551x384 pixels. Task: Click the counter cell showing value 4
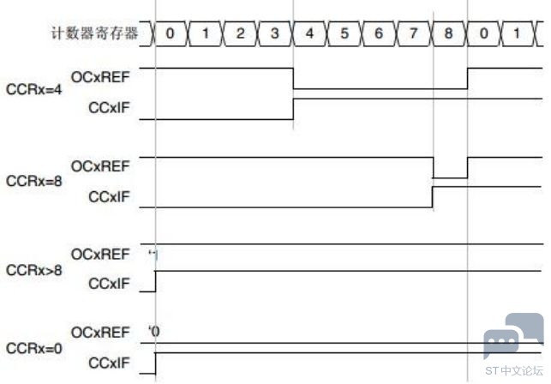pyautogui.click(x=309, y=33)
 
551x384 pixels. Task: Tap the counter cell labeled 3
pyautogui.click(x=274, y=33)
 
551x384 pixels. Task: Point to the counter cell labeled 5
pyautogui.click(x=344, y=33)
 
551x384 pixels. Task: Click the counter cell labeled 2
pyautogui.click(x=239, y=33)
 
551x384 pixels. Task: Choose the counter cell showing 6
pyautogui.click(x=380, y=33)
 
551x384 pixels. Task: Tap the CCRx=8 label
pyautogui.click(x=33, y=183)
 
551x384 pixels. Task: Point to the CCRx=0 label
pyautogui.click(x=33, y=350)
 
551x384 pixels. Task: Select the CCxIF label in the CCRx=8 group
pyautogui.click(x=109, y=197)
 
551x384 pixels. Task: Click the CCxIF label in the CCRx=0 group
pyautogui.click(x=109, y=364)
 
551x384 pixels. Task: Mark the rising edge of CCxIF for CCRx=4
pyautogui.click(x=293, y=109)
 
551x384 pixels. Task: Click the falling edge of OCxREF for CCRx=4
pyautogui.click(x=293, y=78)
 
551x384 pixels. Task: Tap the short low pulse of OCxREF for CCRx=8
pyautogui.click(x=450, y=177)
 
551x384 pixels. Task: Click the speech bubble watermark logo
pyautogui.click(x=512, y=334)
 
